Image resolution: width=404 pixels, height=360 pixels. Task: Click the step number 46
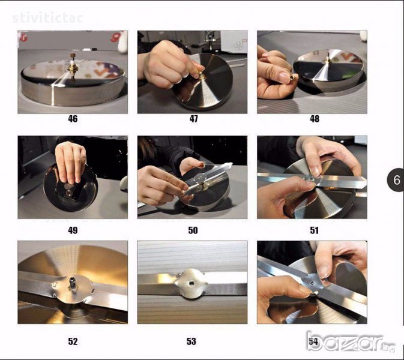click(73, 119)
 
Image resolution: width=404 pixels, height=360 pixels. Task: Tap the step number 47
click(193, 119)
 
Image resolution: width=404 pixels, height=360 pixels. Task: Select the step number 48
click(315, 119)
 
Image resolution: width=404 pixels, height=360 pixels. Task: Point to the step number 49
click(73, 230)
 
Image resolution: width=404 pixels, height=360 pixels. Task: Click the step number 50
click(193, 230)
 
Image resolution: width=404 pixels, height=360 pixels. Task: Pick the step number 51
click(314, 230)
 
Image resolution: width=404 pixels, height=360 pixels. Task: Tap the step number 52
click(73, 341)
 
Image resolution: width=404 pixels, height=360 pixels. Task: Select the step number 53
click(191, 341)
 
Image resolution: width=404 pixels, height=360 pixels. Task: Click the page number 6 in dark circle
click(396, 180)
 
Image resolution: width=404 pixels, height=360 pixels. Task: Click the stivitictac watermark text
click(47, 18)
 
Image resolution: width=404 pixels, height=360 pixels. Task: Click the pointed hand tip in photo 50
click(231, 164)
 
